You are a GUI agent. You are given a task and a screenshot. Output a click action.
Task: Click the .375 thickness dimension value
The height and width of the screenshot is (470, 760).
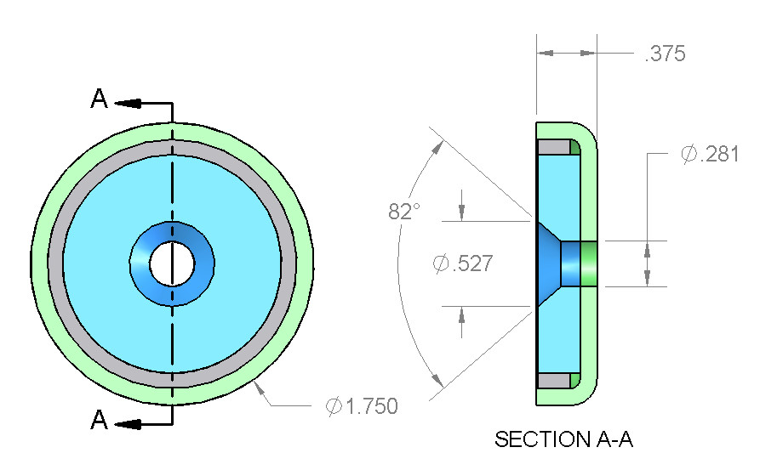click(665, 54)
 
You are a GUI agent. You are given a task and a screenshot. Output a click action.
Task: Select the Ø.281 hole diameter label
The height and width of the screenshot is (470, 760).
click(710, 154)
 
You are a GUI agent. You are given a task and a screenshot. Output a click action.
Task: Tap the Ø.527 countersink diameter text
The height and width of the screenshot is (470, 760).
click(463, 263)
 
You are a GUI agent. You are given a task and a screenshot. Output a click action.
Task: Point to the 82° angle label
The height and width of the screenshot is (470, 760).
click(404, 211)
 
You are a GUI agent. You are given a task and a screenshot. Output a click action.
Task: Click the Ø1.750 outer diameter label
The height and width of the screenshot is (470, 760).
click(362, 406)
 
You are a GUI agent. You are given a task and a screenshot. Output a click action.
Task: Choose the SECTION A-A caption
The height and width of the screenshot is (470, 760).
click(563, 439)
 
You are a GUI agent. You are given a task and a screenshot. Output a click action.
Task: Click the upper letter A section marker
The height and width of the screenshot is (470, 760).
click(100, 99)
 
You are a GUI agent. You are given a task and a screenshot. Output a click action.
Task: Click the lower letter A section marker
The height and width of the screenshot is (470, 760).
click(100, 419)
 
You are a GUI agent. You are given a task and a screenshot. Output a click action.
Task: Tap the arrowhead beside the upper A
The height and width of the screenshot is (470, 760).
click(128, 103)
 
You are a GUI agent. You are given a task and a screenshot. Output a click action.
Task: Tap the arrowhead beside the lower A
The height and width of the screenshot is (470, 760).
click(128, 424)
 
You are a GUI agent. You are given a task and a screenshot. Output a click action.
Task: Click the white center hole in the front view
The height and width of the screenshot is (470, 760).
click(172, 263)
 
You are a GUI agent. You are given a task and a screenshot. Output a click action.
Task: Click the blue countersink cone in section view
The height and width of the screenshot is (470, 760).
click(549, 263)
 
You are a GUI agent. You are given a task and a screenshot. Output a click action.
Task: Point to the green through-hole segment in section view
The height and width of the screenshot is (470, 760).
click(589, 263)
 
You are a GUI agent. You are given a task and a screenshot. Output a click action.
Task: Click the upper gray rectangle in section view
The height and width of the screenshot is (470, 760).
click(554, 147)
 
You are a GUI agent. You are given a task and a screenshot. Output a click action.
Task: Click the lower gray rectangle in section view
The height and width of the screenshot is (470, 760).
click(554, 381)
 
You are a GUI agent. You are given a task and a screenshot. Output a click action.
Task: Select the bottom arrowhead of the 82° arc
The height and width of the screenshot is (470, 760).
click(437, 381)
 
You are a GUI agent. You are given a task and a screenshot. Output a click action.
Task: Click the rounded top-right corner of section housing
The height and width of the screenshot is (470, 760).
click(588, 132)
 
